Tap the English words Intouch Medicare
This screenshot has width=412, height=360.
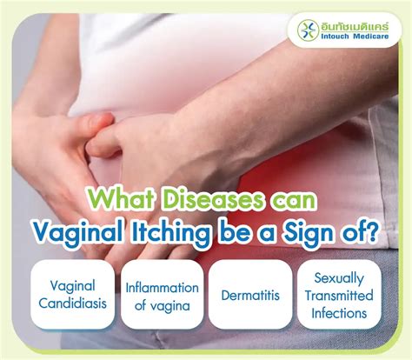pos(356,41)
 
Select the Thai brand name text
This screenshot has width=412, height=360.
pos(356,25)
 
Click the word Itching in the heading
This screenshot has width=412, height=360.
pos(190,233)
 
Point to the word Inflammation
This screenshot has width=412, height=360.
pos(163,287)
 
